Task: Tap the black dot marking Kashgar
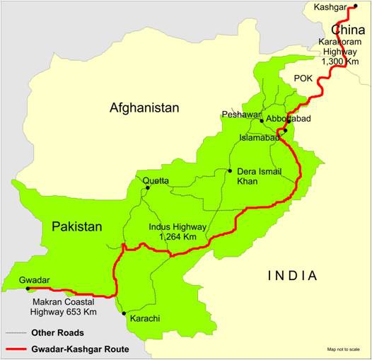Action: click(355, 6)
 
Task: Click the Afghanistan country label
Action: click(144, 108)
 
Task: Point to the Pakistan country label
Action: click(76, 227)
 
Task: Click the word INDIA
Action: click(291, 275)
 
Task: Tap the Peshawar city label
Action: click(240, 114)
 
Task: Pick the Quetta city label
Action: click(156, 180)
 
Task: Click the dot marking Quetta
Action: click(147, 187)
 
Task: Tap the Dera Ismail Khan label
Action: click(257, 176)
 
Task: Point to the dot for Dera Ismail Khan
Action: click(230, 170)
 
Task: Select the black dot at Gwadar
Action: click(28, 289)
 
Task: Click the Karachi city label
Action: click(145, 319)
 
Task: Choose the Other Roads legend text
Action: click(57, 332)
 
